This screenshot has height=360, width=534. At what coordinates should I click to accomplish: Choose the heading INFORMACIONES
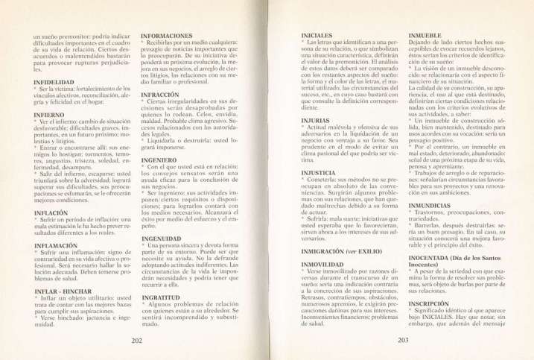[x=167, y=36]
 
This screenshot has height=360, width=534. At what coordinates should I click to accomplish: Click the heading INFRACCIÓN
[x=161, y=95]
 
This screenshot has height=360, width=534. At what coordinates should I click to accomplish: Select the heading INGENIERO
[x=159, y=160]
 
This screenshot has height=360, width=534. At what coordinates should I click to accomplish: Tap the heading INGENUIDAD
[x=162, y=238]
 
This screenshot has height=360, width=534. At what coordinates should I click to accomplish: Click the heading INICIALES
[x=317, y=36]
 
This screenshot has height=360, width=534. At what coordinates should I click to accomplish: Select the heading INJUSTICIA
[x=320, y=172]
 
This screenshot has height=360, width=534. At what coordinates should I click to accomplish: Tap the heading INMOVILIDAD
[x=322, y=265]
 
